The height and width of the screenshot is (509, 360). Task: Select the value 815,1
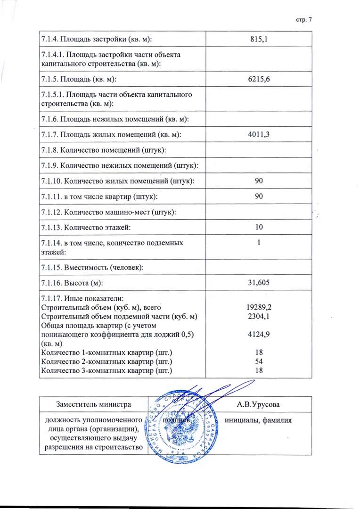point(259,39)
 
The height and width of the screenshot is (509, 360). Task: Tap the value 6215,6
point(259,79)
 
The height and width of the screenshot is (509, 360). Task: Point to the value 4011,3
point(259,135)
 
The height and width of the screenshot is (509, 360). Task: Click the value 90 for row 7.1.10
point(259,181)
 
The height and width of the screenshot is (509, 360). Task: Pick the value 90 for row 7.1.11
point(259,196)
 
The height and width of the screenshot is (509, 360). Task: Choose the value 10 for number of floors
point(259,227)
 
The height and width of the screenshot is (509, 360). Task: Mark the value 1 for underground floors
point(259,243)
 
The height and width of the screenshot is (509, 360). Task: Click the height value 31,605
point(259,283)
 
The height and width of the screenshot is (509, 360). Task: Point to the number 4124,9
point(259,334)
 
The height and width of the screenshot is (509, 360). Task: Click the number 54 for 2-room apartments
point(259,361)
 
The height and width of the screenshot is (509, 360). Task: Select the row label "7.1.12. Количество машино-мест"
point(109,212)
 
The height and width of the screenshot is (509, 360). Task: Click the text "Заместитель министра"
point(93,404)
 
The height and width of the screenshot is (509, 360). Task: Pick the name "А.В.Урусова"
point(259,404)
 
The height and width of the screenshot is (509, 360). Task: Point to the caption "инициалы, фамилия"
point(259,420)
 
